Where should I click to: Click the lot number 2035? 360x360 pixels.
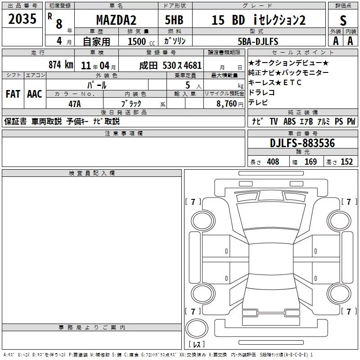22,18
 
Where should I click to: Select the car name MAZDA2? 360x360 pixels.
116,20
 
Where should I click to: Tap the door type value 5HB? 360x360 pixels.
174,20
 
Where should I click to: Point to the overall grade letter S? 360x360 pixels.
343,21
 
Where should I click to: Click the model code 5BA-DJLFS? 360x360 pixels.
258,41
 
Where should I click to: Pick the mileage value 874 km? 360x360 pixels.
61,65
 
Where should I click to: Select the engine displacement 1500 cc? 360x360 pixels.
141,41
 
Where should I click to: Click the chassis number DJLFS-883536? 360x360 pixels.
302,143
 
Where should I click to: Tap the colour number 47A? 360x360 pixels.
75,104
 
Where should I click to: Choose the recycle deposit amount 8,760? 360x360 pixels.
227,104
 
